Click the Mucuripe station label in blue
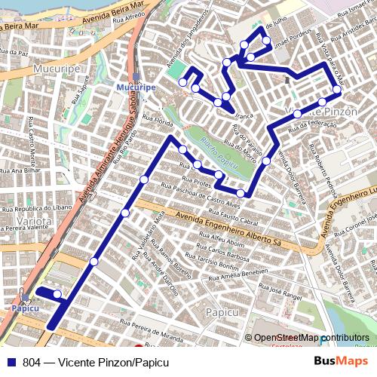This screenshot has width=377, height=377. pos(136,88)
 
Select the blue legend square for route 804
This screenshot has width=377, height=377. pos(11,362)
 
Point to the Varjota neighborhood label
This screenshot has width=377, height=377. pos(27,222)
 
